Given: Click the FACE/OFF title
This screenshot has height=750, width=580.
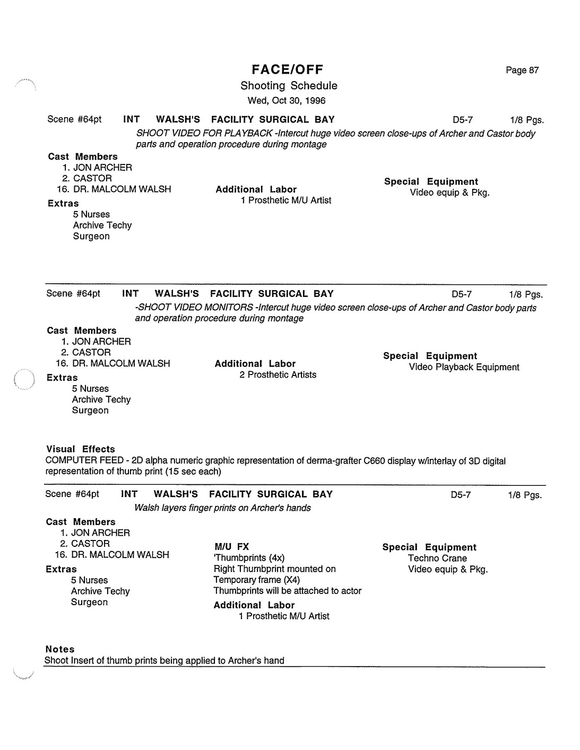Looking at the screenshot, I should tap(287, 69).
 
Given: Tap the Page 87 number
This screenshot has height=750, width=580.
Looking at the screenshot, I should tap(522, 70).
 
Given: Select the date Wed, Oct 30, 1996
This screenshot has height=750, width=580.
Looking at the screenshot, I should tap(287, 100).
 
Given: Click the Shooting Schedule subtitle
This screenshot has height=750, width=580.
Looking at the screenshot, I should tap(289, 85).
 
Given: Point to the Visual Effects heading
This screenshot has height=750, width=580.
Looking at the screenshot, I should tap(80, 449).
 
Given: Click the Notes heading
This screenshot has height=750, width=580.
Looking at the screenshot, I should tap(60, 649).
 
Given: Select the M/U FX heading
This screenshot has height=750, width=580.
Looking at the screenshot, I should tap(231, 546).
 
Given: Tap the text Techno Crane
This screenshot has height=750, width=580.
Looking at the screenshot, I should tap(437, 558).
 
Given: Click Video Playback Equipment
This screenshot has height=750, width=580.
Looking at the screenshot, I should tap(464, 367).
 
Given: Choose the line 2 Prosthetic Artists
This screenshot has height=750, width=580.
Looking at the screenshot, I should tap(278, 374).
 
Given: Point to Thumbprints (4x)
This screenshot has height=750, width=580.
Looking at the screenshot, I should tap(249, 557).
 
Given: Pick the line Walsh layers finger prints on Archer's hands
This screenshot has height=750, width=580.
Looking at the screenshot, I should tap(222, 508).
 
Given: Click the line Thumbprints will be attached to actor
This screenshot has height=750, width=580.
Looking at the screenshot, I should tap(287, 590).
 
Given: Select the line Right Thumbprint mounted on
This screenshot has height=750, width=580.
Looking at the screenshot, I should tap(274, 569).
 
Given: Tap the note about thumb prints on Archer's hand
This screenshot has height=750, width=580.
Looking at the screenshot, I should tap(165, 660).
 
